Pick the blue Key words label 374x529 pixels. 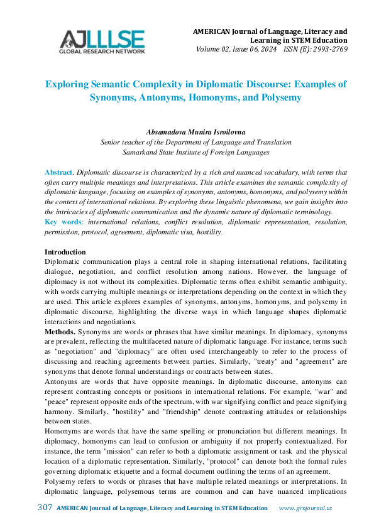tap(63, 222)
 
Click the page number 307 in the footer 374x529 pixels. tap(45, 508)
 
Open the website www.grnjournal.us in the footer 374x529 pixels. tap(305, 508)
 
